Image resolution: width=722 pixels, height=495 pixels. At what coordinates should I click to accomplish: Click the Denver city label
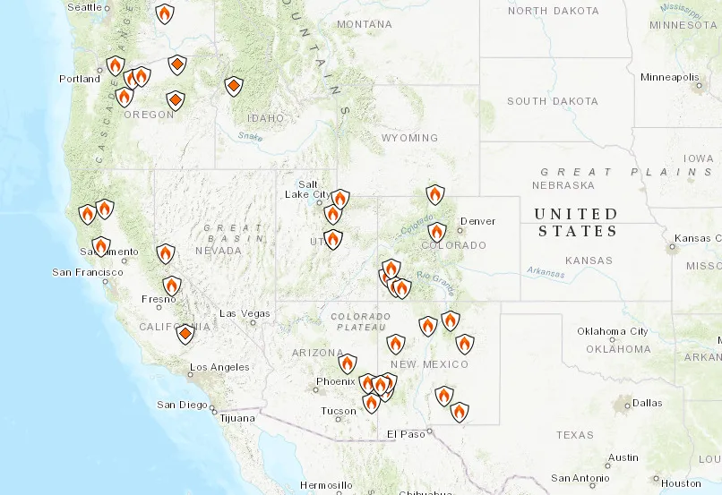pos(477,221)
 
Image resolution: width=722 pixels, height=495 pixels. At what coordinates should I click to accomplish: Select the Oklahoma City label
pos(612,331)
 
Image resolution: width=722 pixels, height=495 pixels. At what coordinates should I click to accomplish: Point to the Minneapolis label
pos(669,77)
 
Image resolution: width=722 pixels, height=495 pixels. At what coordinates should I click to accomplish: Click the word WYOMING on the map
pos(408,138)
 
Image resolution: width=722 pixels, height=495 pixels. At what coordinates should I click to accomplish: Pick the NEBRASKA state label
pos(563,185)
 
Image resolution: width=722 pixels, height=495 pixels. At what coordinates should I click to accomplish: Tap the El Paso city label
pos(404,434)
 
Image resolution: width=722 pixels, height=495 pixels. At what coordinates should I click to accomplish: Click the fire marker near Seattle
pos(164,13)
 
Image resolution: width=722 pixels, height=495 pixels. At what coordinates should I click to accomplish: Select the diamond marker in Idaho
pos(233,86)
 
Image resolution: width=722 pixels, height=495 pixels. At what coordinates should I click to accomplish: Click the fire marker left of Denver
pos(436,232)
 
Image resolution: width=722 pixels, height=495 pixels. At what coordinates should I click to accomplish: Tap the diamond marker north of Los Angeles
pos(185,334)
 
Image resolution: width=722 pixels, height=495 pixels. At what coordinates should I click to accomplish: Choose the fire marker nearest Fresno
pos(171,286)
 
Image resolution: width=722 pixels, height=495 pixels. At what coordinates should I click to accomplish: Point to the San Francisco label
pos(87,272)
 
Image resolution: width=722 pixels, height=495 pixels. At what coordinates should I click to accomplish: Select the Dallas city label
pos(647,403)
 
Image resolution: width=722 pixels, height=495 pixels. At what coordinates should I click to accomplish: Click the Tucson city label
pos(338,412)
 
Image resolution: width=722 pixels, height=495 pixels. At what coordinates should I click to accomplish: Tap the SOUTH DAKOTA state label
pos(552,101)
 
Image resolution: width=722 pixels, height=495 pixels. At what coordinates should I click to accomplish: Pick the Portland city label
pos(80,79)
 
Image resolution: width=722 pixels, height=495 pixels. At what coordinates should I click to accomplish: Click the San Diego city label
pos(182,405)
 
